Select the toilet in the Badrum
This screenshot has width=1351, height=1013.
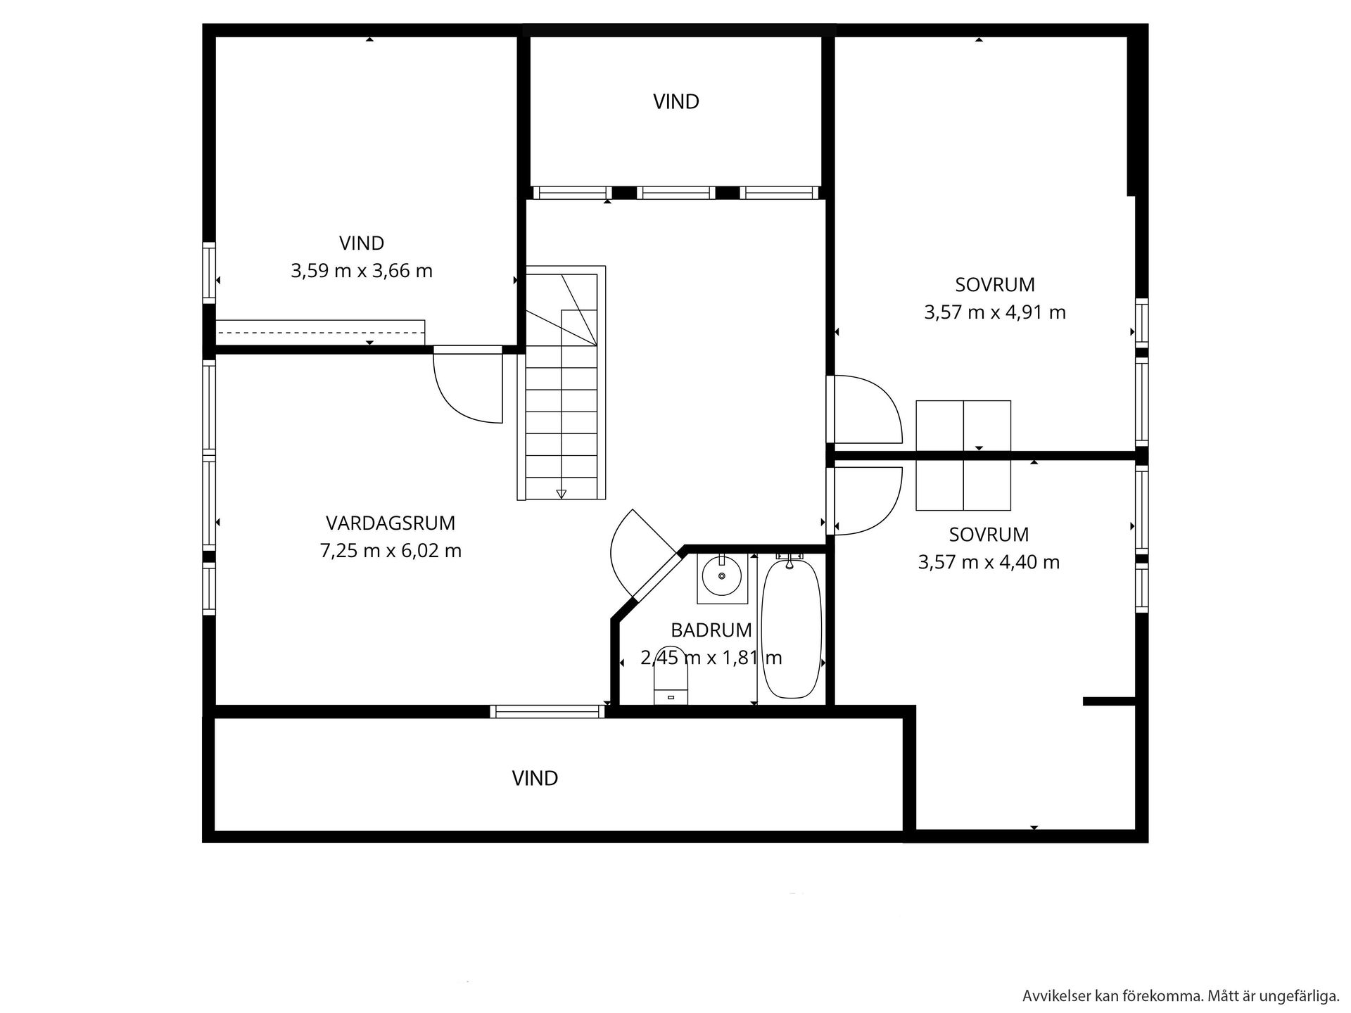pos(671,675)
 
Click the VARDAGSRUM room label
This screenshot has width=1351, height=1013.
pos(391,523)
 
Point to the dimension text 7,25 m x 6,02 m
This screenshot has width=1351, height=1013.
pos(391,551)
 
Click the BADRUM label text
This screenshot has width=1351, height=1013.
pos(711,630)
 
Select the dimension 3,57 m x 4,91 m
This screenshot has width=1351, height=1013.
pos(995,312)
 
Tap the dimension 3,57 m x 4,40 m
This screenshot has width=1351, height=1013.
pos(989,562)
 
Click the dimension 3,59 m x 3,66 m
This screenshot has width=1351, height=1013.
pos(362,271)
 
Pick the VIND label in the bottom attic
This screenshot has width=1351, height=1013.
pos(535,778)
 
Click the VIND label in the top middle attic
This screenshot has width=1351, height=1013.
pos(676,102)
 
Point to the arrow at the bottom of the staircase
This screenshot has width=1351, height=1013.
pos(561,494)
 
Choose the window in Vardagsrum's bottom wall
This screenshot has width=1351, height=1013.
pos(547,711)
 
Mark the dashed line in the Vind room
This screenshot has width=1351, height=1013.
pos(320,332)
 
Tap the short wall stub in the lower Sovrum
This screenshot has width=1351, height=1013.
pos(1109,701)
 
